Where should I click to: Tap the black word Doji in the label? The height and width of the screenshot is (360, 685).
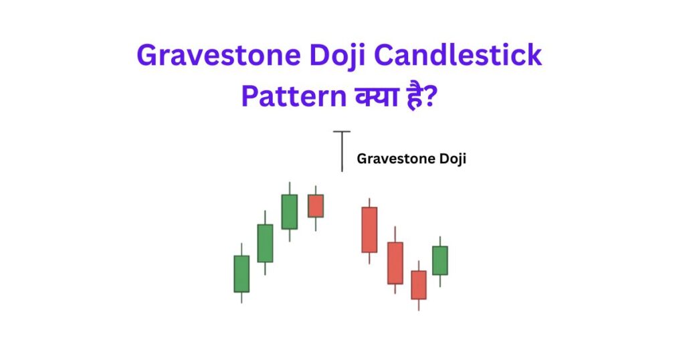[x=452, y=159]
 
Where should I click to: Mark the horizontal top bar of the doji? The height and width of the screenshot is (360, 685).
[x=342, y=132]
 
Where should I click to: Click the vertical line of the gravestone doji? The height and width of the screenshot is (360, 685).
[x=342, y=153]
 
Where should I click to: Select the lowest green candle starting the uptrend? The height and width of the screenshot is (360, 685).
[x=241, y=274]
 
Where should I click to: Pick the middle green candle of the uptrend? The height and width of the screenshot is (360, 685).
[x=265, y=243]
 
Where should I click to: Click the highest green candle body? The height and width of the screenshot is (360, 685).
[x=289, y=211]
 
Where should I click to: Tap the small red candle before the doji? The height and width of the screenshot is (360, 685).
[x=315, y=205]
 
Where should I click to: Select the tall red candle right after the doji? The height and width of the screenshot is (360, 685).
[x=369, y=230]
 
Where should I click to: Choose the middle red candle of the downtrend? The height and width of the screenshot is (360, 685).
[x=395, y=263]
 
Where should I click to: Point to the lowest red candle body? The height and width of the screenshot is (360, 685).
[x=419, y=284]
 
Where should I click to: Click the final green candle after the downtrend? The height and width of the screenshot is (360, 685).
[x=439, y=260]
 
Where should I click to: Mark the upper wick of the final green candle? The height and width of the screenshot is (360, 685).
[x=439, y=241]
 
